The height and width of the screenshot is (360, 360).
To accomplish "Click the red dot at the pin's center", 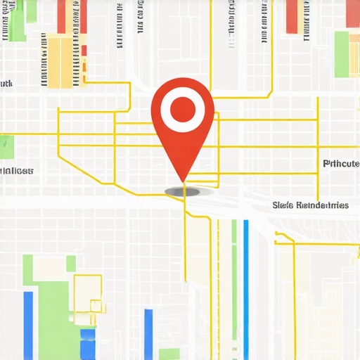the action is (x=183, y=109).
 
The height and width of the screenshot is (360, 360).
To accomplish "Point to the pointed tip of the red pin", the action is (x=184, y=181).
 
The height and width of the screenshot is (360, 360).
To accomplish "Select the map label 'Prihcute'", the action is (x=340, y=164).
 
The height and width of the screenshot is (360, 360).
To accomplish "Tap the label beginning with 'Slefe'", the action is (x=309, y=206).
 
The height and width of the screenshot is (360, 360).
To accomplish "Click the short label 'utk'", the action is (x=6, y=84).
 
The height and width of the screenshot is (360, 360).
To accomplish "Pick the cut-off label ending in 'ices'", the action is (x=16, y=171).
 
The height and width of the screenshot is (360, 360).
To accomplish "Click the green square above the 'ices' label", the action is (x=6, y=146).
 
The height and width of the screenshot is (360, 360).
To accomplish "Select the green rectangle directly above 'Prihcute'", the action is (x=342, y=55).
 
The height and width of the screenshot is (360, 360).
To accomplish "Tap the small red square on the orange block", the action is (x=84, y=51).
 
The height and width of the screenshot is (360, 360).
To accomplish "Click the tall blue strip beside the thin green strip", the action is (x=245, y=281).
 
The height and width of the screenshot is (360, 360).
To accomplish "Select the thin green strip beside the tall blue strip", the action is (x=234, y=281).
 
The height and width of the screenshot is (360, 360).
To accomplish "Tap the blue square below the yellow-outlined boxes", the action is (x=87, y=345).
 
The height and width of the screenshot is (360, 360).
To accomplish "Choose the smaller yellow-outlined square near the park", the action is (x=97, y=305).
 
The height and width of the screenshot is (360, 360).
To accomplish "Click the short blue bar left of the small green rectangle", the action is (x=148, y=334).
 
